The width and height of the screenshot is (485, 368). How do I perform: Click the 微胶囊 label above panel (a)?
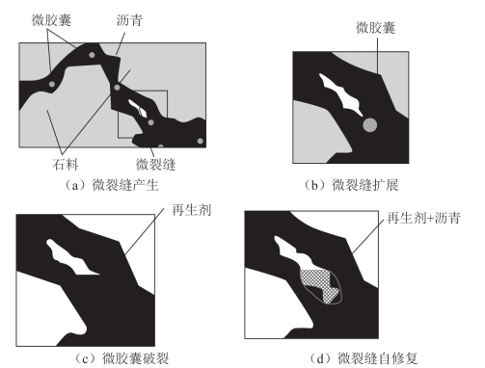(x=51, y=20)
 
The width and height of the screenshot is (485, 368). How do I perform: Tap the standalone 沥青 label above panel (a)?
(x=129, y=20)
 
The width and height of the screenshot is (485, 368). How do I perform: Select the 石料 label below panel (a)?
(x=66, y=165)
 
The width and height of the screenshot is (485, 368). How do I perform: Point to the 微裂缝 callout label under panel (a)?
(x=155, y=165)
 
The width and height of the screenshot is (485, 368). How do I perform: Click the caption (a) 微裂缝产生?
(x=112, y=185)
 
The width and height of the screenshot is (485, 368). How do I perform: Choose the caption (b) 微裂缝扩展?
(x=351, y=185)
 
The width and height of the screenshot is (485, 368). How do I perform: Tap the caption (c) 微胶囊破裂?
(x=121, y=358)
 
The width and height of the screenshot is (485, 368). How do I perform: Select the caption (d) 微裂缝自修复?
(x=364, y=358)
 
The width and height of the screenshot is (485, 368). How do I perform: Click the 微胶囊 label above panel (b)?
(x=375, y=28)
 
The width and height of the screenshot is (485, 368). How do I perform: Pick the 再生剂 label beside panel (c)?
(x=192, y=210)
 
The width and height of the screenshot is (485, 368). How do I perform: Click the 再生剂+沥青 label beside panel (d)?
(x=424, y=218)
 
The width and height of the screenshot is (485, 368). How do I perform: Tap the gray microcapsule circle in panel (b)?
(x=369, y=124)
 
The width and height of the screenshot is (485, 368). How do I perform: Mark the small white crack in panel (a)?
(x=138, y=109)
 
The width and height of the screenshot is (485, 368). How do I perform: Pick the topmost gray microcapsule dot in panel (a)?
(x=92, y=55)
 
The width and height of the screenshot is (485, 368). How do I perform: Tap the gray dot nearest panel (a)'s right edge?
(x=201, y=141)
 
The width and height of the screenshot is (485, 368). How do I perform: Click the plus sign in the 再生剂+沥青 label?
(x=431, y=219)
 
